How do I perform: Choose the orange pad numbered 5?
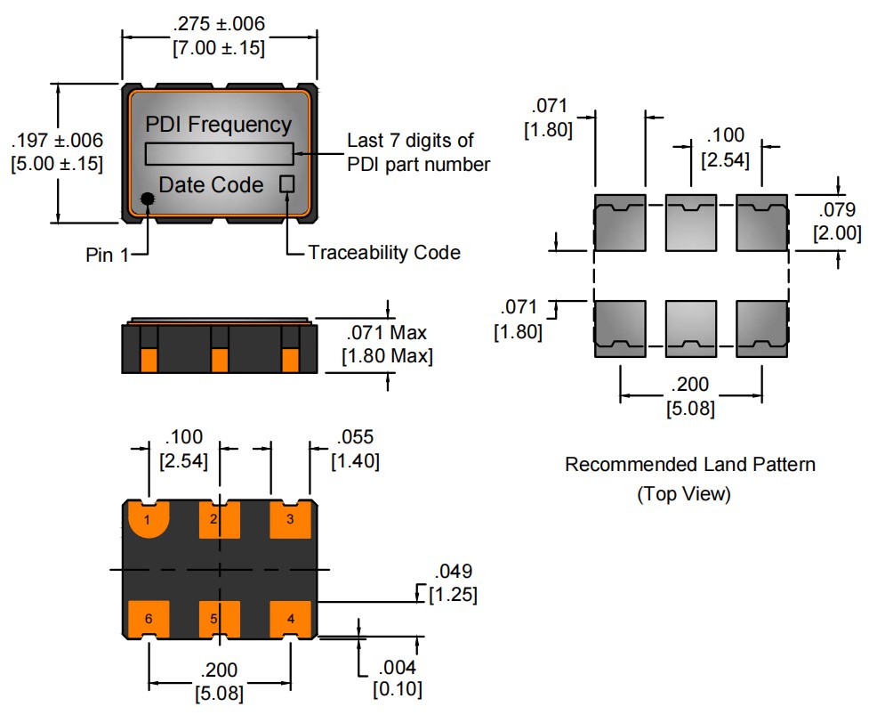(x=220, y=618)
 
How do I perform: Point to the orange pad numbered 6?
(x=149, y=618)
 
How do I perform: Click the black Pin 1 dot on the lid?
(x=148, y=199)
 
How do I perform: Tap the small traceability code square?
(x=287, y=184)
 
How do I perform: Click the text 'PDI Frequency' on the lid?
(x=218, y=125)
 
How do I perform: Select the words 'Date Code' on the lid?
(x=211, y=185)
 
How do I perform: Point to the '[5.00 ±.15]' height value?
(x=56, y=164)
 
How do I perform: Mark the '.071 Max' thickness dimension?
(x=385, y=333)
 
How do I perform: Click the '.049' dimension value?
(x=452, y=572)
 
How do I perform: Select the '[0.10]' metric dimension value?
(x=398, y=688)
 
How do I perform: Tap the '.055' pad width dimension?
(x=355, y=437)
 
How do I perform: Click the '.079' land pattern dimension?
(x=837, y=211)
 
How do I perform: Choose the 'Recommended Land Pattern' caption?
(x=689, y=464)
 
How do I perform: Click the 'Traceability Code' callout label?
(x=384, y=253)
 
